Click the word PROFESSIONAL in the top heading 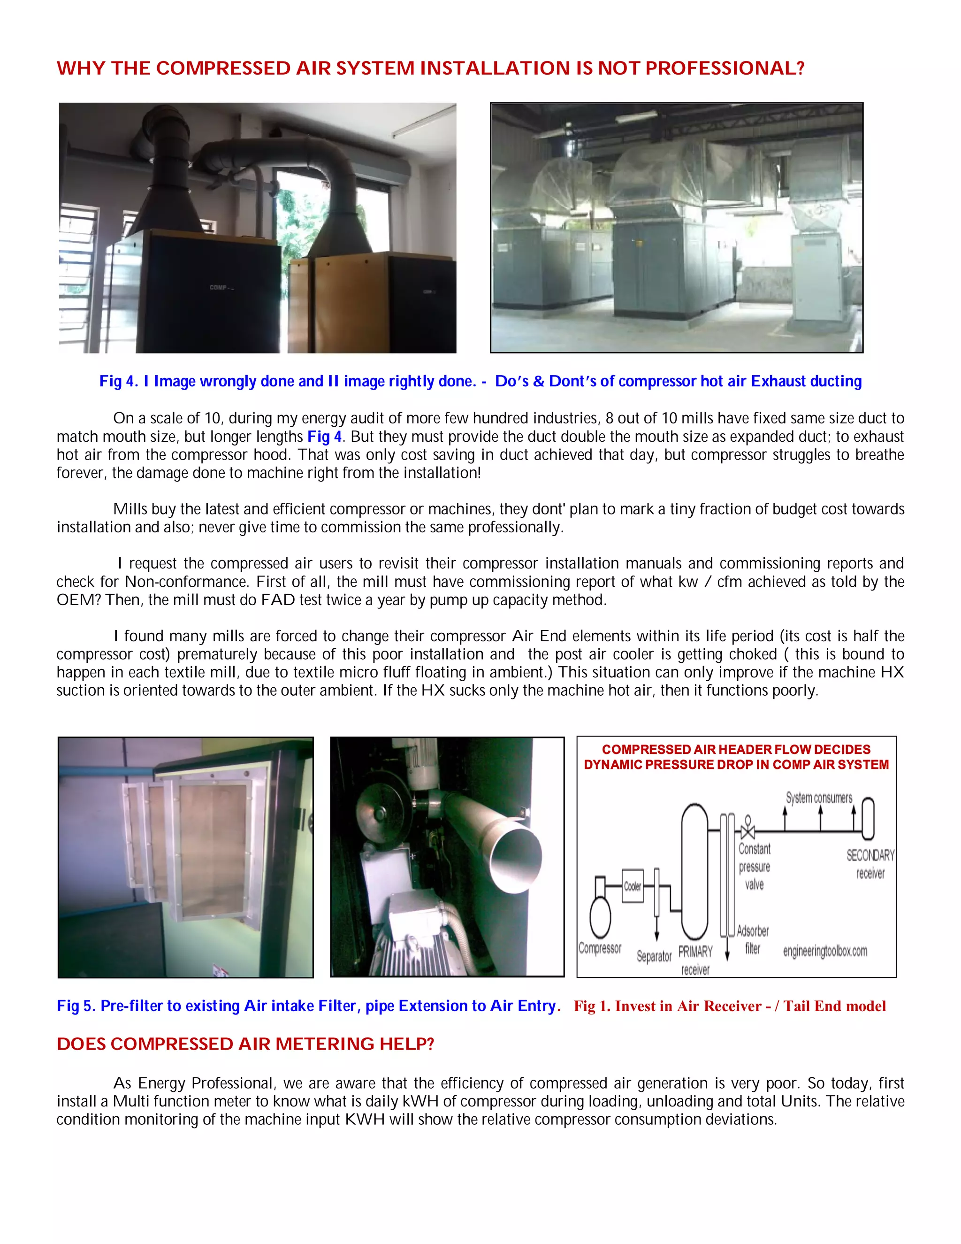click(x=724, y=69)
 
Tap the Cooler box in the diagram click(x=632, y=886)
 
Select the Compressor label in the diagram click(x=600, y=948)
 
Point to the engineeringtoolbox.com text click(x=825, y=951)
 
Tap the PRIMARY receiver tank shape click(x=694, y=871)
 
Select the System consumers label click(x=819, y=798)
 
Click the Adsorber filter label click(x=753, y=939)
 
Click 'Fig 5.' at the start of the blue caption click(x=76, y=1006)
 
